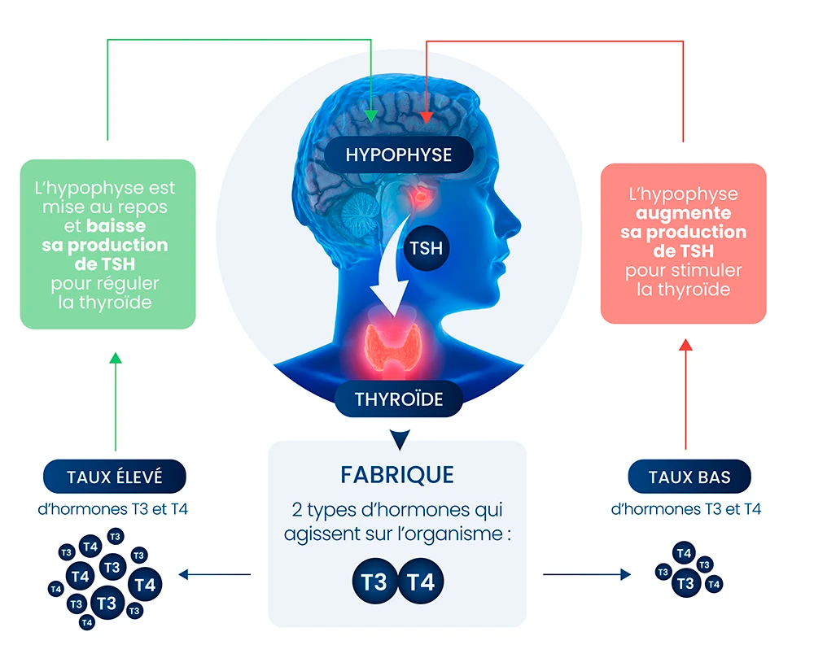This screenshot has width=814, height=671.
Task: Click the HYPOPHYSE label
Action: (398, 154)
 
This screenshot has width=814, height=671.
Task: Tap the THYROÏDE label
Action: (398, 399)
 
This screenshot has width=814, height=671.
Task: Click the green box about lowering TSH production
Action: (107, 244)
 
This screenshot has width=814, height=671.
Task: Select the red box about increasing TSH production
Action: (683, 243)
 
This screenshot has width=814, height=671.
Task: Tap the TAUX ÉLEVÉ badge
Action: (114, 477)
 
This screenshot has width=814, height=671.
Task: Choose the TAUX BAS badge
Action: (689, 477)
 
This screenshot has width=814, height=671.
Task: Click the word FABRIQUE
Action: (397, 475)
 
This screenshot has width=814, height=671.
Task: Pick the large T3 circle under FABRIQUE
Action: (374, 582)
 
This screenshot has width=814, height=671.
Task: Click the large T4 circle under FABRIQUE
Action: (421, 582)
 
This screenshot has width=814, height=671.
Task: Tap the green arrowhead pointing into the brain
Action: (371, 115)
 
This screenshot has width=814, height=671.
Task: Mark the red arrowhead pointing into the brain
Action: (427, 119)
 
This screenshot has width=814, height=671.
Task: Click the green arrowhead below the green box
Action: (115, 358)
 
